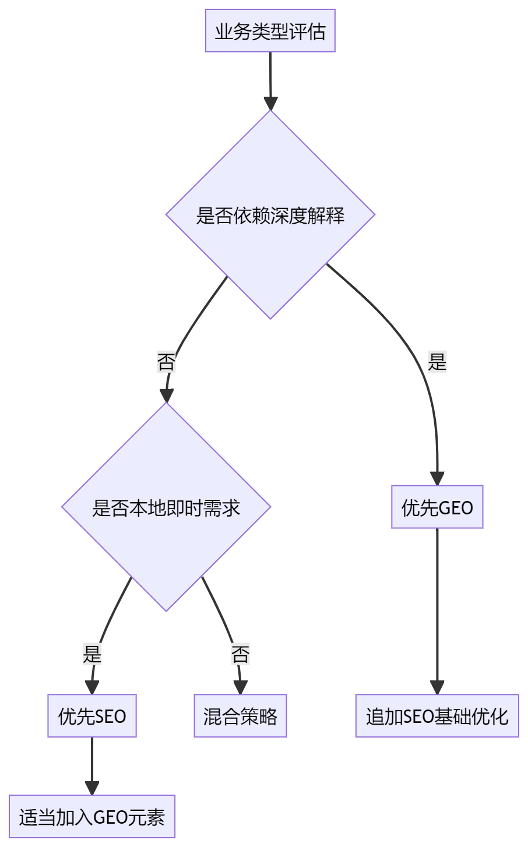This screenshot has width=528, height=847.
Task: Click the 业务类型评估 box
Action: [270, 31]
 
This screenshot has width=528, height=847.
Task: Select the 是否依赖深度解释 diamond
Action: [270, 215]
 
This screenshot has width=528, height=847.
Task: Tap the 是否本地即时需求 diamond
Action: [166, 507]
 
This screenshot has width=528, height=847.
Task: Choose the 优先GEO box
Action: [437, 507]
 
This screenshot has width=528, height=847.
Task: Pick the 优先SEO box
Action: [92, 716]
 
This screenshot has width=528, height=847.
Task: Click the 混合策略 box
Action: [240, 716]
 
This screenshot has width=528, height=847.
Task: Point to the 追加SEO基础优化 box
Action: [437, 716]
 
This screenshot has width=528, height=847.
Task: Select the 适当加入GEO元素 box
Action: [92, 817]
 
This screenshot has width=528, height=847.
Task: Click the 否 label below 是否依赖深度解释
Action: [166, 362]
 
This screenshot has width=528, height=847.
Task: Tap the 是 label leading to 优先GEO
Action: [437, 362]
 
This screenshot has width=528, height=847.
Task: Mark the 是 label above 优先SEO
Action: [92, 654]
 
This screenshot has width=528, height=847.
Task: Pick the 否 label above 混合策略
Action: [240, 654]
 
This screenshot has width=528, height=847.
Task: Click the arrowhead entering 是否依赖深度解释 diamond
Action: [270, 103]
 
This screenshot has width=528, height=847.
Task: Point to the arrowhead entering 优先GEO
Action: [437, 479]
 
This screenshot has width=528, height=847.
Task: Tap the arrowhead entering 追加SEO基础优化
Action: [437, 687]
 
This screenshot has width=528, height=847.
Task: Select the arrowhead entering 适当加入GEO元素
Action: [92, 788]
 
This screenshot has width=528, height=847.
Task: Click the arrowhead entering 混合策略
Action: [240, 687]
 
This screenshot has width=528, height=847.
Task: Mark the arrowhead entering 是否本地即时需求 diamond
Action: [167, 396]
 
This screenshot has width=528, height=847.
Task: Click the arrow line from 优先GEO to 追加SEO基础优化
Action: [437, 606]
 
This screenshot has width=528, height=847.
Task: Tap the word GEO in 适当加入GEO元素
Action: [110, 817]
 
